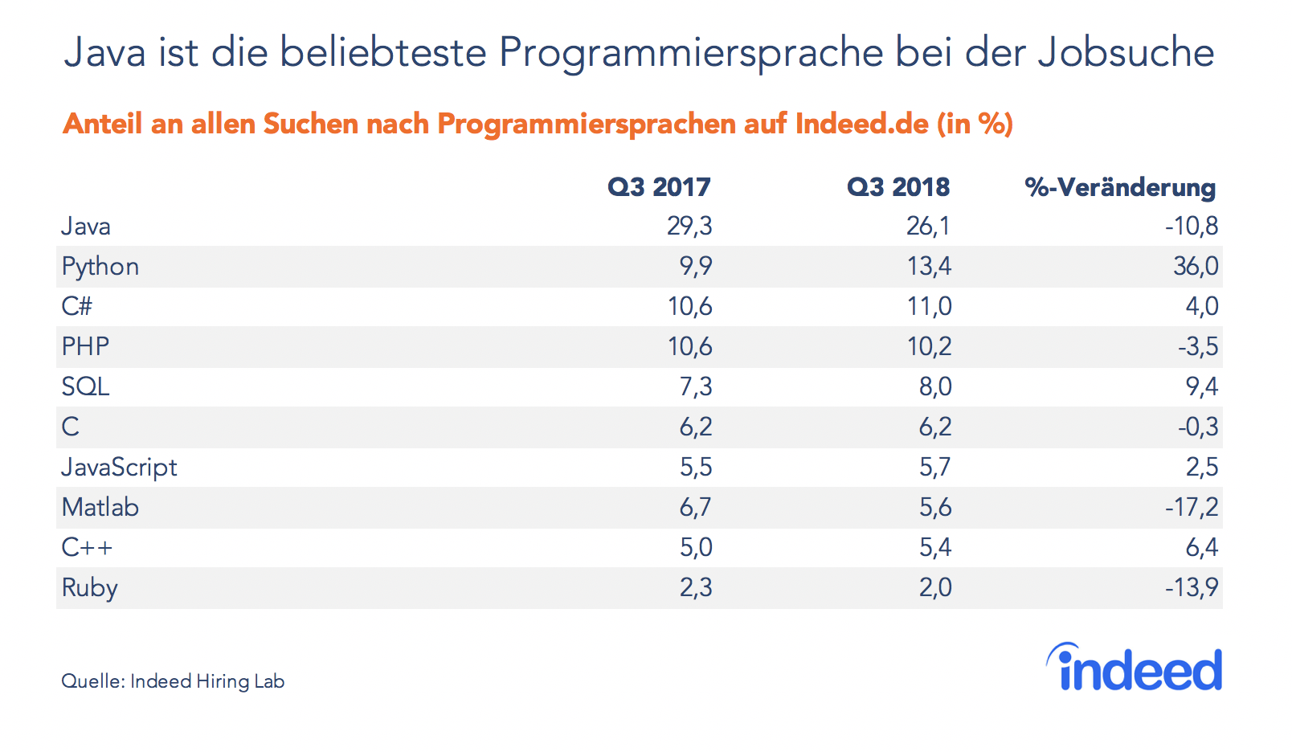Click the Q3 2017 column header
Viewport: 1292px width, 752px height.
tap(659, 187)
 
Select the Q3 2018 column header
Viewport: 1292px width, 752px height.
tap(898, 187)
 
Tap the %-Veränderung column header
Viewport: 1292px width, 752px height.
tap(1120, 187)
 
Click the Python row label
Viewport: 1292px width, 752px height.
tap(100, 267)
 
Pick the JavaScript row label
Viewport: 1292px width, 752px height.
tap(120, 468)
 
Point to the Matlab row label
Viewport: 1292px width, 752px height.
tap(100, 508)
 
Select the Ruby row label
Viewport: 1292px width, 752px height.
tap(90, 588)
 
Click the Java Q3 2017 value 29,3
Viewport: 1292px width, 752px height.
tap(689, 227)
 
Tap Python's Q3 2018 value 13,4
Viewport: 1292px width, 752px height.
tap(929, 267)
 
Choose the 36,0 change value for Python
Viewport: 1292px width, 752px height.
tap(1196, 267)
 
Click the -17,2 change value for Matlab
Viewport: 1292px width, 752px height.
tap(1192, 508)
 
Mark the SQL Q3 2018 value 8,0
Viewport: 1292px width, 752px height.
tap(935, 387)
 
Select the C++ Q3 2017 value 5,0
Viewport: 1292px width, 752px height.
tap(696, 548)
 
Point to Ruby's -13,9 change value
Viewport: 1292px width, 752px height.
tap(1192, 588)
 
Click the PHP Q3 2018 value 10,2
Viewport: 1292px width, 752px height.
tap(929, 347)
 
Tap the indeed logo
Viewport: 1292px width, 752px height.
tap(1135, 668)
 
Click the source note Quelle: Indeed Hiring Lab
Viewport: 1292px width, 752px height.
tap(173, 681)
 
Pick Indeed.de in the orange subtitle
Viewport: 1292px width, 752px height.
tap(861, 124)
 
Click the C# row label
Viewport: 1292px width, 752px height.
tap(77, 307)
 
